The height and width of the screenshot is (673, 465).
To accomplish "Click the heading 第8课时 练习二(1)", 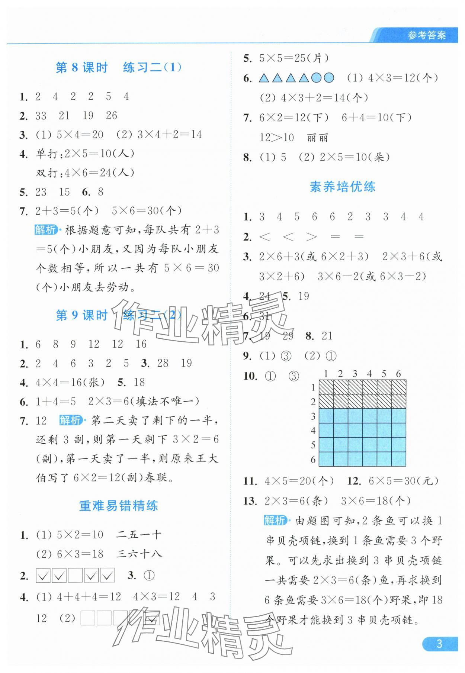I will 118,68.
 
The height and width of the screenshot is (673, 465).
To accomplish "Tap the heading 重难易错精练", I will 118,506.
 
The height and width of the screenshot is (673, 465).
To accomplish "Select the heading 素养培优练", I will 342,187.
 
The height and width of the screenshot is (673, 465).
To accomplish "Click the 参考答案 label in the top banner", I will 426,36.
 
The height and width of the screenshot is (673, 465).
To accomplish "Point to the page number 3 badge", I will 439,644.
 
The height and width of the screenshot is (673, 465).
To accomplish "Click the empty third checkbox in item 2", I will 75,576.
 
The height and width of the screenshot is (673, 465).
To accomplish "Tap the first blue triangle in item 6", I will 264,78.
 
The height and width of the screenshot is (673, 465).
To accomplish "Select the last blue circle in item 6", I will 329,78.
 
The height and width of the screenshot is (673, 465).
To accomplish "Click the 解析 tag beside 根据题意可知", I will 45,230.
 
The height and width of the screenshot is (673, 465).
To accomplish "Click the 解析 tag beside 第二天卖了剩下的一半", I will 70,421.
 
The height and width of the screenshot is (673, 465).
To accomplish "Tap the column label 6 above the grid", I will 398,374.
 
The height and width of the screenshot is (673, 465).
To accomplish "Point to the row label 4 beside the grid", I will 313,431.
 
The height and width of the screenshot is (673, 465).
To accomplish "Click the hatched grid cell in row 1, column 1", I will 326,387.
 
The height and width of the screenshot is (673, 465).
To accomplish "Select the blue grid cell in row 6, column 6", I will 399,459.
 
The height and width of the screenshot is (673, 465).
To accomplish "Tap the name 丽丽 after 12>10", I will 317,138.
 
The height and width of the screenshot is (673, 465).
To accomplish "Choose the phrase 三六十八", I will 139,554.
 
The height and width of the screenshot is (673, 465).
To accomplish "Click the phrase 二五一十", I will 139,535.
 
